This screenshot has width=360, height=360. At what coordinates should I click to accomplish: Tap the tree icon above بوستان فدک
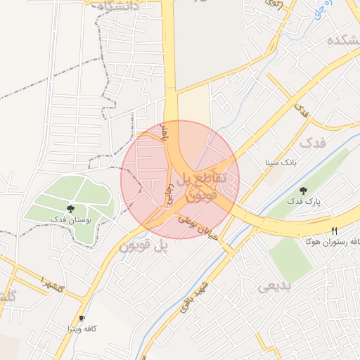pyautogui.click(x=70, y=209)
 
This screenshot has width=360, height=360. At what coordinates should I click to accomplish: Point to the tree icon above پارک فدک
pyautogui.click(x=303, y=190)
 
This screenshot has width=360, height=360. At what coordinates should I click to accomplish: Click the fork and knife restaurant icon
pyautogui.click(x=334, y=230)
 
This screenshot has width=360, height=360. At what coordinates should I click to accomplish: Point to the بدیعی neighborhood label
pyautogui.click(x=274, y=285)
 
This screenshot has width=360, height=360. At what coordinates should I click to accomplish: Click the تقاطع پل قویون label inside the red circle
pyautogui.click(x=200, y=186)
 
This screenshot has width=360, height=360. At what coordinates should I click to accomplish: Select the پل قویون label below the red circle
pyautogui.click(x=144, y=247)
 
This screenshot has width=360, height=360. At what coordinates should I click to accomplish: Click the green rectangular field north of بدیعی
pyautogui.click(x=290, y=258)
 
